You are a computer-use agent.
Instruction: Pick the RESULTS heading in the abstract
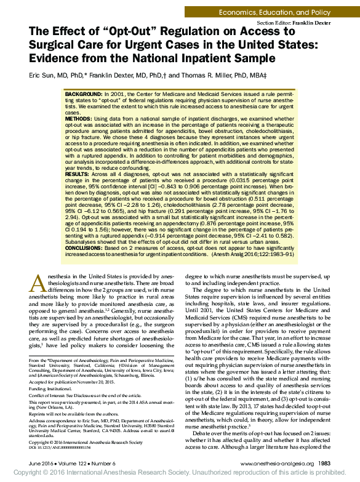[78, 175]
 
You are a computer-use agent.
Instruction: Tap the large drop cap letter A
[38, 284]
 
